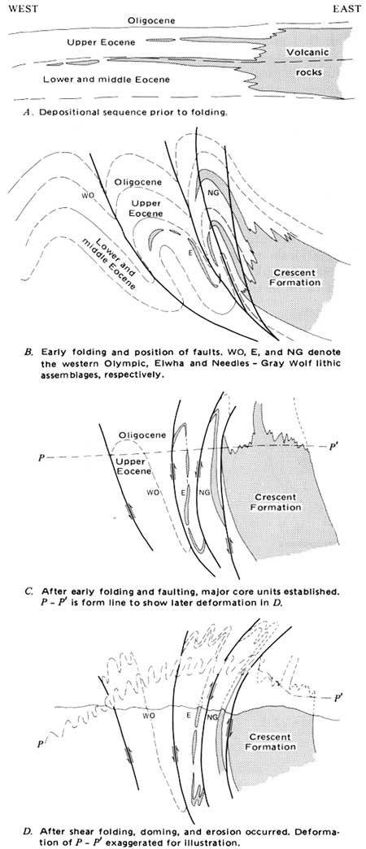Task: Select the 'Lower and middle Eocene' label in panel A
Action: (x=106, y=80)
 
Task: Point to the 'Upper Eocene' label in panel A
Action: (x=102, y=41)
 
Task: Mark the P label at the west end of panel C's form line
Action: (x=41, y=457)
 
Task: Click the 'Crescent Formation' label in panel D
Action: (x=271, y=743)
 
